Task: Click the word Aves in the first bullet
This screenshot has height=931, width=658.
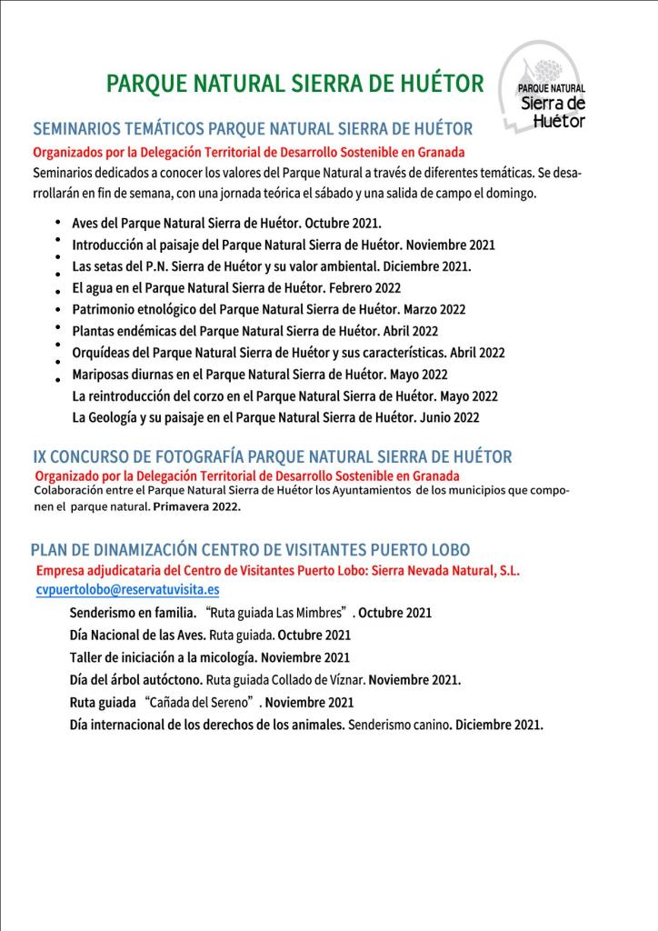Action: tap(87, 223)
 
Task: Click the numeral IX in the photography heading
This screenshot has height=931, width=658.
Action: tap(41, 456)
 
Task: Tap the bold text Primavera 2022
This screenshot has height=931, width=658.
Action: tap(197, 506)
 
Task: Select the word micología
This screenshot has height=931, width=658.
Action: tap(231, 656)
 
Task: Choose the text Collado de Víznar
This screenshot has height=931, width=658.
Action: tap(314, 679)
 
